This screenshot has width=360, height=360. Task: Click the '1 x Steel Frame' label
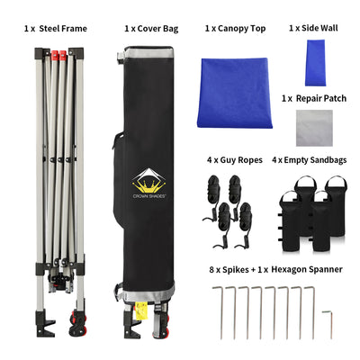tap(56, 29)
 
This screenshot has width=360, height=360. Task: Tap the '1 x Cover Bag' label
tap(151, 29)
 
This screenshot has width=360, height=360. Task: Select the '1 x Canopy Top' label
tap(235, 29)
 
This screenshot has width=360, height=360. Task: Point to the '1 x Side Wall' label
tap(313, 28)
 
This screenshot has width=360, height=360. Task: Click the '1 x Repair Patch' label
tap(314, 98)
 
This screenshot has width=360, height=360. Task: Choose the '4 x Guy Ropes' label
tap(235, 160)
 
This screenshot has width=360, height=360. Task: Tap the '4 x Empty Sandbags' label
tap(310, 160)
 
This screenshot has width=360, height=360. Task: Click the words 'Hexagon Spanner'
tap(307, 269)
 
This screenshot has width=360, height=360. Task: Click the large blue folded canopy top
tap(235, 93)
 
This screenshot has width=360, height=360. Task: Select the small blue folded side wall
tap(315, 63)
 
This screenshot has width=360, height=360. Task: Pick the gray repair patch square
tap(314, 128)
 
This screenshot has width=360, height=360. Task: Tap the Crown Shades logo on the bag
tap(149, 184)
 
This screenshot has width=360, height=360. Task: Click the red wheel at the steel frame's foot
tap(77, 323)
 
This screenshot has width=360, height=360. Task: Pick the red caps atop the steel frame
tap(58, 55)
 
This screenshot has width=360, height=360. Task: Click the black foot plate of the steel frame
tap(45, 325)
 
